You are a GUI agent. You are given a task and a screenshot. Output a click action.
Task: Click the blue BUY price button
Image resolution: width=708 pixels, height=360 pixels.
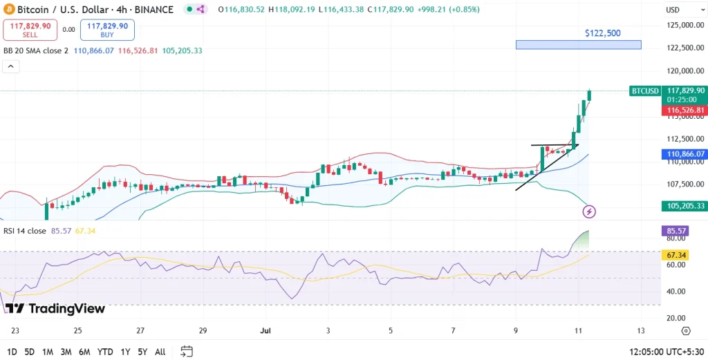(107, 30)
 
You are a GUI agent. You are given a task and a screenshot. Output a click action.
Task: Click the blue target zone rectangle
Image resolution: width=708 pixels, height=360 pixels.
(578, 45)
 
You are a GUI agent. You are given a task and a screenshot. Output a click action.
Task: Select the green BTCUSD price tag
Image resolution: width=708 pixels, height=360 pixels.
(644, 91)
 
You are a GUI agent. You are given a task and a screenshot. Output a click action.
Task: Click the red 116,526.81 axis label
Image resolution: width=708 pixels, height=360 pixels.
(684, 111)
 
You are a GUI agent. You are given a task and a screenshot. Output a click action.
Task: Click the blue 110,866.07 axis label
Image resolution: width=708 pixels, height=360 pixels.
(684, 154)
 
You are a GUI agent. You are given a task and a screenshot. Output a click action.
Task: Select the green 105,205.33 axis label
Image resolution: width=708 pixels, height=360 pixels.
(684, 206)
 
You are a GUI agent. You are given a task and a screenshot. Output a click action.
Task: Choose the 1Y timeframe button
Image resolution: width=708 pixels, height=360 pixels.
(124, 352)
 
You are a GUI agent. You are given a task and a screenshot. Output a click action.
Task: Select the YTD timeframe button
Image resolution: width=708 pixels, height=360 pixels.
(105, 352)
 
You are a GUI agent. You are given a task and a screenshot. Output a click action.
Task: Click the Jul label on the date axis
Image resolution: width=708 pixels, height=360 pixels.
(265, 331)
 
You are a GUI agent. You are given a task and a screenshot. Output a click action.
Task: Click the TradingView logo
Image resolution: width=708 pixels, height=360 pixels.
(55, 308)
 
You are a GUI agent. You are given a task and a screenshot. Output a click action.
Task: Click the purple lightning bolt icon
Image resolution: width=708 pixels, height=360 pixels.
(590, 211)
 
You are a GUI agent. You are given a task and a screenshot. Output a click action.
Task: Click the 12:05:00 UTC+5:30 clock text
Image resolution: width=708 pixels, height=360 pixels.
(666, 352)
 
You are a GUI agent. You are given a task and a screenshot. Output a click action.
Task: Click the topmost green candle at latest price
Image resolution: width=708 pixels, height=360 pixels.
(589, 95)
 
